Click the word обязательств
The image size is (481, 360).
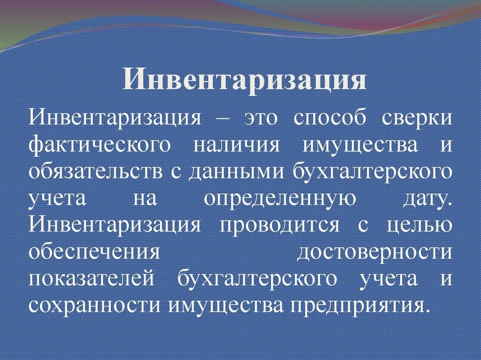click(94, 172)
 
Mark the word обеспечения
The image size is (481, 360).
click(95, 252)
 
